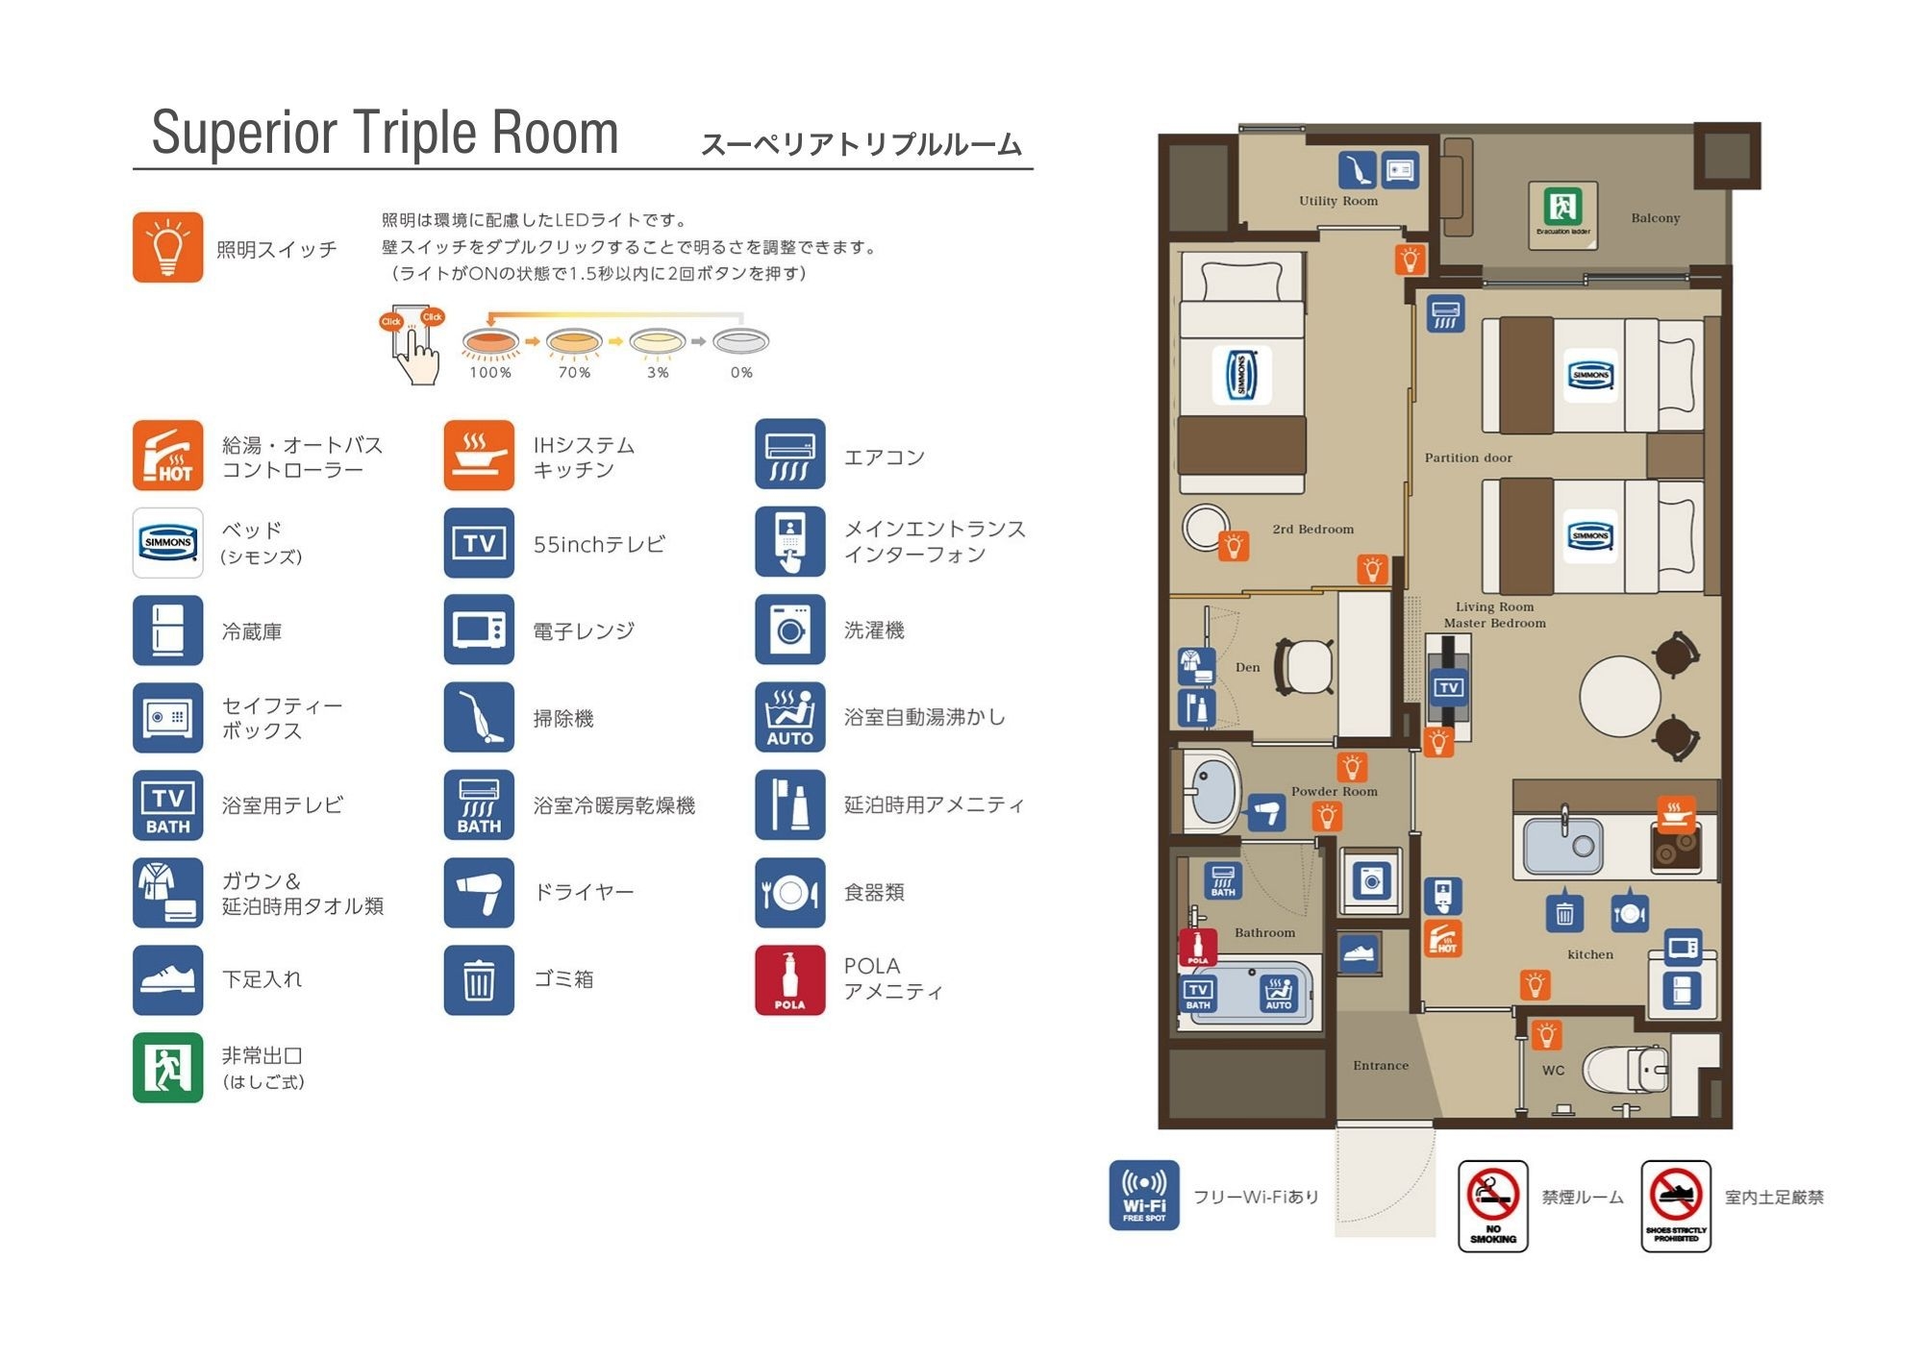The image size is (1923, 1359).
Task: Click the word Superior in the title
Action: [244, 133]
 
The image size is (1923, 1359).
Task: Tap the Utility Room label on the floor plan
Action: [1338, 201]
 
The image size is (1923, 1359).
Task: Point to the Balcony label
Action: [1656, 218]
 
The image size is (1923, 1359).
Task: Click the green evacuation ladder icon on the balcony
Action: [1563, 206]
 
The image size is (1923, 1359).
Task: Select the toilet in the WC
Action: [1626, 1069]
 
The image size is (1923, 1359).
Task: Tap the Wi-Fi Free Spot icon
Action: [1144, 1196]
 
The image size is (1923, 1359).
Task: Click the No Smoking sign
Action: [1493, 1205]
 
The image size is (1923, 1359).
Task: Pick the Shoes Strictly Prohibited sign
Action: [1676, 1205]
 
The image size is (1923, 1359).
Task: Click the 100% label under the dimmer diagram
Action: [490, 373]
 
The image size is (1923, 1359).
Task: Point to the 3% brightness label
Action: [658, 373]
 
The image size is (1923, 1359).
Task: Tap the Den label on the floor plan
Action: [1247, 667]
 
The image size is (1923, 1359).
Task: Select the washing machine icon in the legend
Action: [790, 630]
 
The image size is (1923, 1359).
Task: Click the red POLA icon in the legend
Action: [790, 980]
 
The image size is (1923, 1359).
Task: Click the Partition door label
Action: [1468, 457]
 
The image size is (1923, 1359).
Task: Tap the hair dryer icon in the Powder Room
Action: [1267, 813]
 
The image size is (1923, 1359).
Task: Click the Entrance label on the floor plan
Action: [1381, 1065]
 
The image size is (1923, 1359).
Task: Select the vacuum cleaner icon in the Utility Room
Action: [1357, 170]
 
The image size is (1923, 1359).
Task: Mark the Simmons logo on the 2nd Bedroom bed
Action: [1241, 374]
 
